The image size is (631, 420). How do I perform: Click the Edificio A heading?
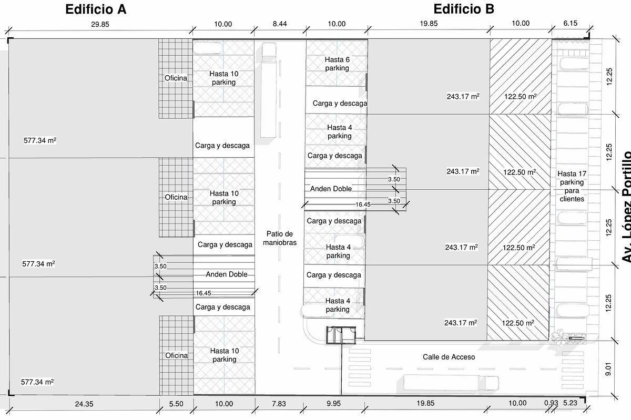pos(96,9)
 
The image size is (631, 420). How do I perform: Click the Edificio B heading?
pos(464,9)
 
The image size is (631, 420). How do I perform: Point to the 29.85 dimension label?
pos(100,25)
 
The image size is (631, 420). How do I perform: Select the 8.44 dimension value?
pos(280,24)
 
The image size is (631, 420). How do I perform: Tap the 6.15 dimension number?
pos(571,23)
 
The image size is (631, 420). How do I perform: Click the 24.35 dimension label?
pos(84,404)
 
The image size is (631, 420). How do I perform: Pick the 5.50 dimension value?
pos(176,404)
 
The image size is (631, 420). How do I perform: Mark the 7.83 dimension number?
pos(279,404)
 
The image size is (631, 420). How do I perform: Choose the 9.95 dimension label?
pos(333,404)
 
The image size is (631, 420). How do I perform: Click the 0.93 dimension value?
pos(551,403)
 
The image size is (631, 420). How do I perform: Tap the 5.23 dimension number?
pos(570,403)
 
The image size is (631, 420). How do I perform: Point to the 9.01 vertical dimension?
pos(608,369)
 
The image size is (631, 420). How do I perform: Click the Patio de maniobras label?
pos(280,238)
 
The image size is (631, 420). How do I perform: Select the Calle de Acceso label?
pos(449,357)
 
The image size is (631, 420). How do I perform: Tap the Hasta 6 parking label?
pos(337,64)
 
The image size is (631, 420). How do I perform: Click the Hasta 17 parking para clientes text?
pos(572,186)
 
